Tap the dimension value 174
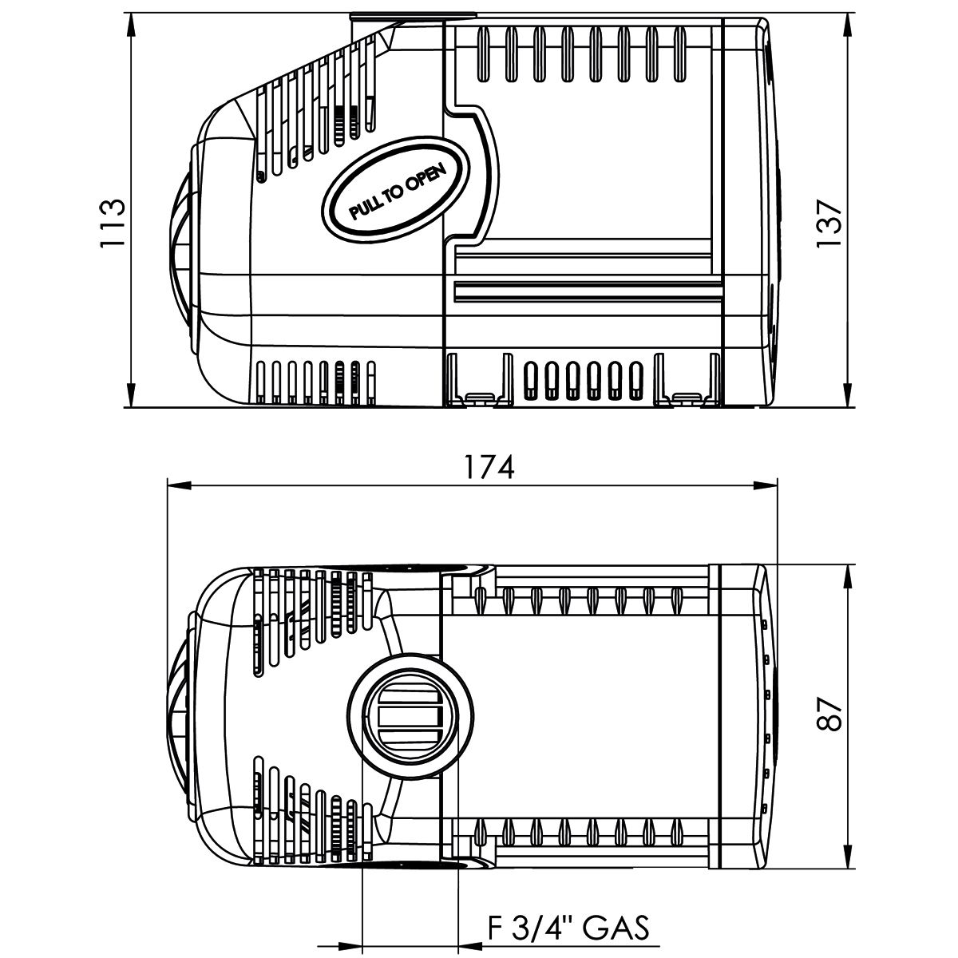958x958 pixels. tap(490, 466)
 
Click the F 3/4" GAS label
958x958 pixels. tap(569, 928)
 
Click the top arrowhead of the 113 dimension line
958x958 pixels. tap(130, 21)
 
